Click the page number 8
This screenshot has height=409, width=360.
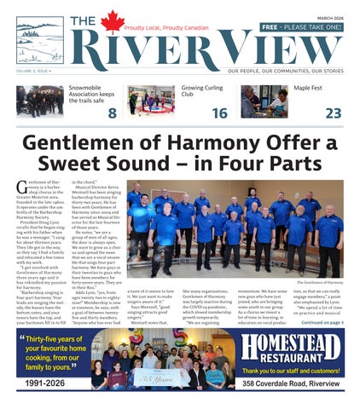tap(112, 113)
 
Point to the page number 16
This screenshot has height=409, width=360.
tap(219, 113)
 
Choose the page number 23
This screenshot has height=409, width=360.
tap(333, 113)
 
